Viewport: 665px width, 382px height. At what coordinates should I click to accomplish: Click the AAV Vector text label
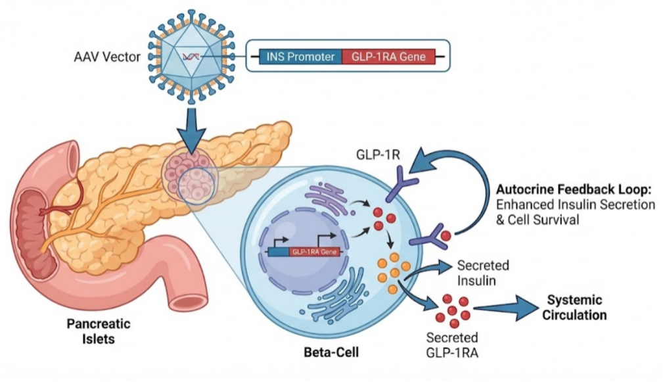(x=106, y=57)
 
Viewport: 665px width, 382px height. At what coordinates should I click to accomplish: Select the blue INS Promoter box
(x=301, y=57)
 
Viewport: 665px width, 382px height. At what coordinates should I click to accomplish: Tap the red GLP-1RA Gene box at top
(x=388, y=57)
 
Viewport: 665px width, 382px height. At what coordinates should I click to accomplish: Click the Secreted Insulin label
(x=483, y=273)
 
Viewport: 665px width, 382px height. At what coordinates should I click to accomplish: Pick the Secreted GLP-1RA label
(x=452, y=345)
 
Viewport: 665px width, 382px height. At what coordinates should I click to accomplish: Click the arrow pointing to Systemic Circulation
(x=506, y=307)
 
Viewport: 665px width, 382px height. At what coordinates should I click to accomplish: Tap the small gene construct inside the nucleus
(x=303, y=251)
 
